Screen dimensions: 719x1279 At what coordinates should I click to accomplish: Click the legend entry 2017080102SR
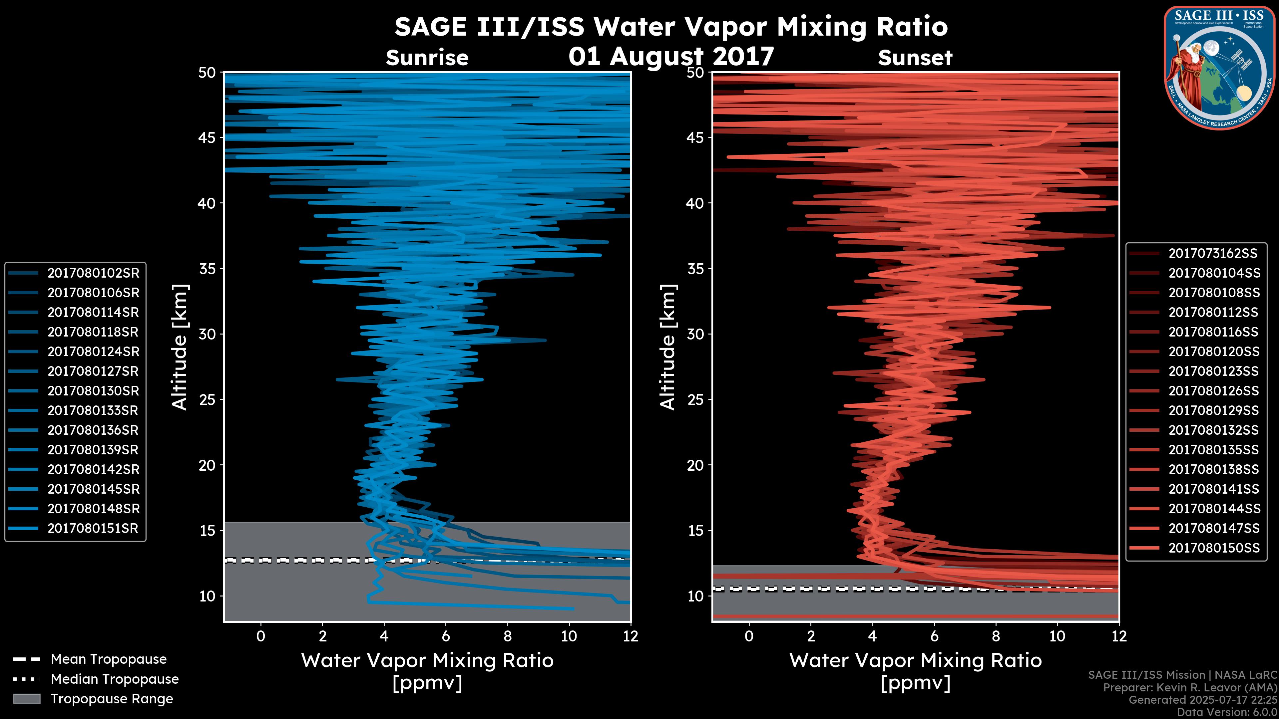click(x=93, y=273)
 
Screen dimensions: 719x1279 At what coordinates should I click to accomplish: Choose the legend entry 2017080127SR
click(x=93, y=371)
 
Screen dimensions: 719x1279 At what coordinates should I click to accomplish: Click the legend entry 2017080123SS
click(x=1213, y=371)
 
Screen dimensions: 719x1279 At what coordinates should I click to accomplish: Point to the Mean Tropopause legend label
click(x=109, y=659)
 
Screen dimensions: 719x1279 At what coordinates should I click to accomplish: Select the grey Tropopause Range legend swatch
click(x=26, y=699)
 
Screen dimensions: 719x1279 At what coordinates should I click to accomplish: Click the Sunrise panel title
click(x=427, y=58)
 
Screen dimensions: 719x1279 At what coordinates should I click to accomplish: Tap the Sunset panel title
click(x=915, y=58)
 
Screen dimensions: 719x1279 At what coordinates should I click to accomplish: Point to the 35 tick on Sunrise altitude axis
click(x=207, y=268)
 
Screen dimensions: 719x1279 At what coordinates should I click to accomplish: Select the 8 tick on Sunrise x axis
click(x=507, y=636)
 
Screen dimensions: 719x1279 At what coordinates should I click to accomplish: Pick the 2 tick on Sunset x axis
click(x=810, y=636)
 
